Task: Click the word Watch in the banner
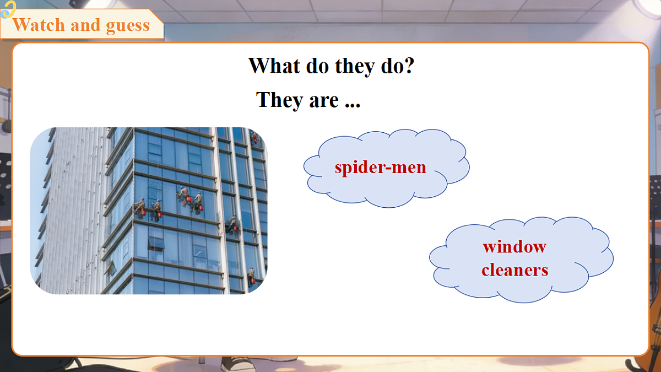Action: tap(39, 25)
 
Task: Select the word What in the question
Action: tap(274, 66)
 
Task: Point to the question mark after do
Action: tap(408, 65)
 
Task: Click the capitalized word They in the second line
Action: tap(279, 100)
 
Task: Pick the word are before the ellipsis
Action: tap(324, 101)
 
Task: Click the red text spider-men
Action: tap(381, 168)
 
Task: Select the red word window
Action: tap(514, 246)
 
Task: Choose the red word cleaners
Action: tap(515, 270)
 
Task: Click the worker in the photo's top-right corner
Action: tap(254, 138)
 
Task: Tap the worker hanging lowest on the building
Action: tap(251, 277)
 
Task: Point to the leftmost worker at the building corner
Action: tap(139, 208)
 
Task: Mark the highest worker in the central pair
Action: tap(184, 196)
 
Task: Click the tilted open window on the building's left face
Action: tap(111, 269)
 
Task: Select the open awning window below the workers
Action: tap(156, 244)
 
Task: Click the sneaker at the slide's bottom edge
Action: tap(238, 364)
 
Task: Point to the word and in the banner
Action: tap(85, 25)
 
